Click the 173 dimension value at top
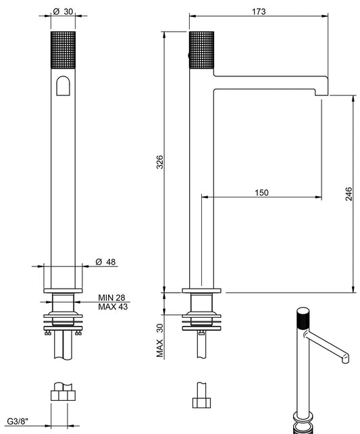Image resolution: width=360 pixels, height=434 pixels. tap(258, 11)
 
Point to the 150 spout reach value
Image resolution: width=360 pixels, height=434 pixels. tap(261, 193)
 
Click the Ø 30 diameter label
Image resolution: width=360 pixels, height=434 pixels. tap(63, 11)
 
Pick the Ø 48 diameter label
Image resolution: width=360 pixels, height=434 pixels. tap(103, 262)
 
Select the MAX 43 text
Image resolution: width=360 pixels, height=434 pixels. tap(112, 307)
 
